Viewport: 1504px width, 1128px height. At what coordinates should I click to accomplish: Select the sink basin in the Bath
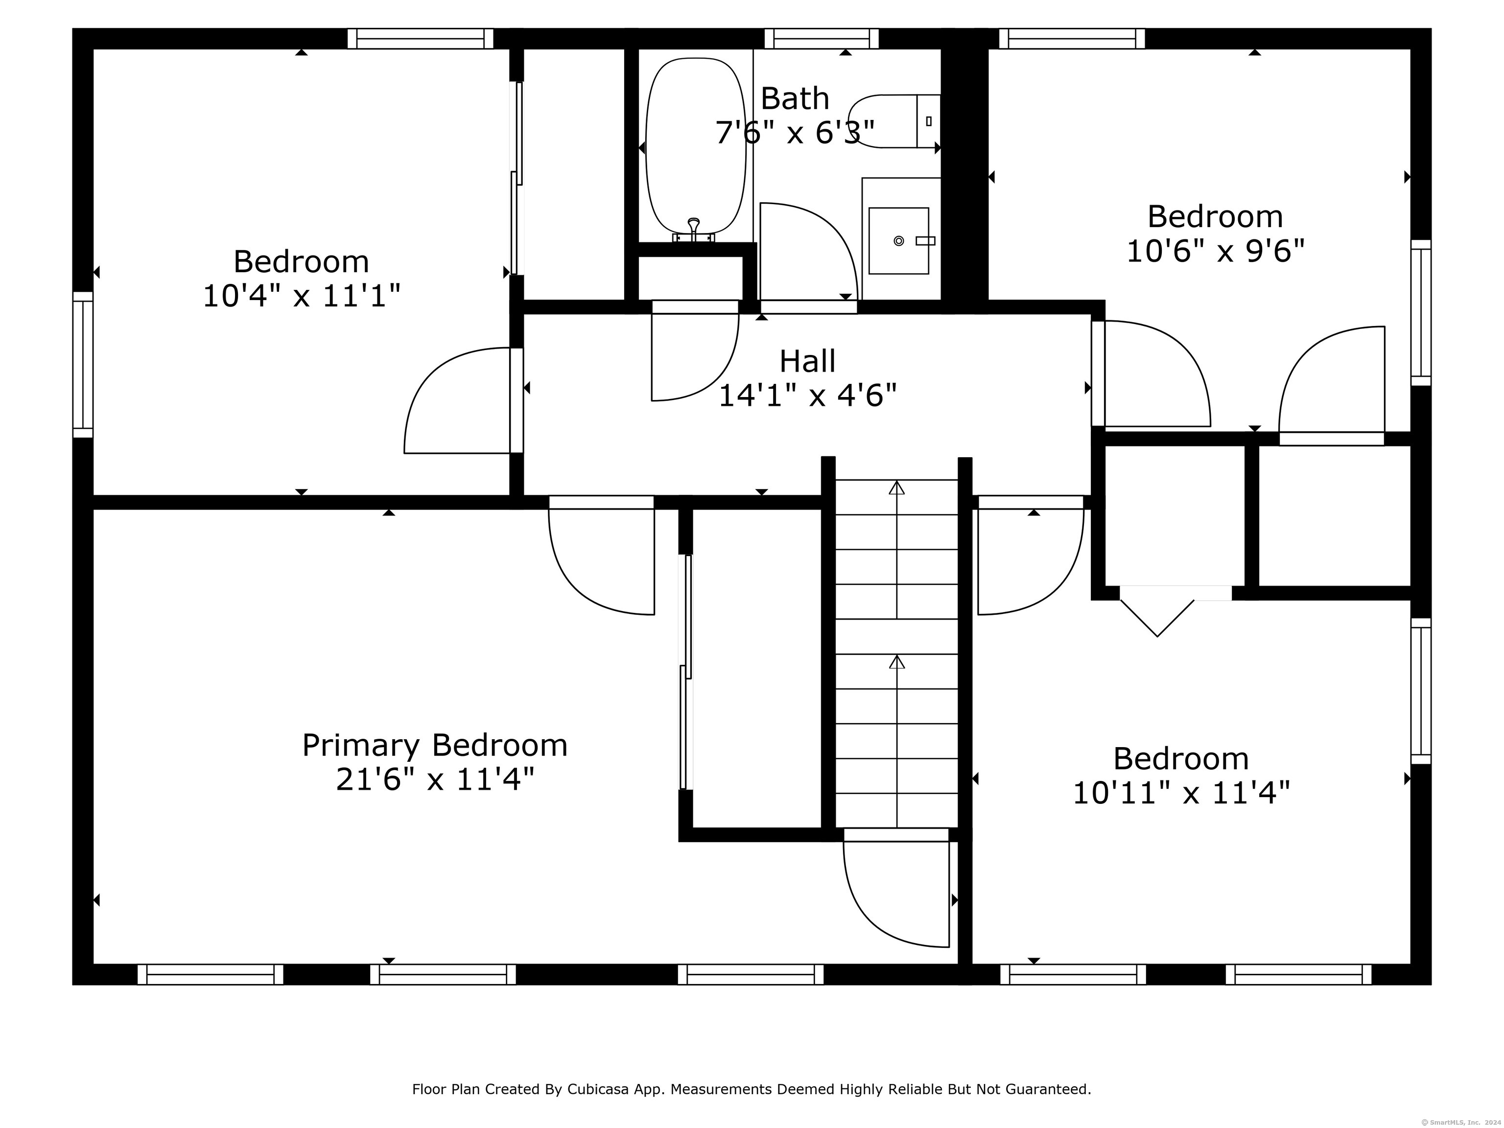898,241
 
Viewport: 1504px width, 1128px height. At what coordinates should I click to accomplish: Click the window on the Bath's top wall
822,39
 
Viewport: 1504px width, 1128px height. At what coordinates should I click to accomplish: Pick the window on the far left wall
83,364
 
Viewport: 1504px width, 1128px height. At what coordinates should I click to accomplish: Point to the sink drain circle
898,241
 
